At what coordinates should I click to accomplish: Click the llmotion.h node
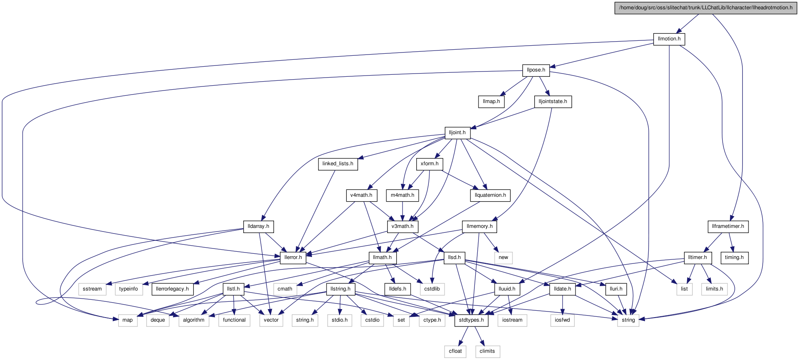click(x=669, y=39)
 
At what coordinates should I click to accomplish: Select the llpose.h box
click(x=536, y=70)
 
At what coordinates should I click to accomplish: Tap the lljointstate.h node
click(x=552, y=102)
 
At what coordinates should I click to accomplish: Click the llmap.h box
click(x=491, y=102)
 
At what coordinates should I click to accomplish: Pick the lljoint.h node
click(x=457, y=133)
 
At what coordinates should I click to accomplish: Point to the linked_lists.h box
click(x=338, y=164)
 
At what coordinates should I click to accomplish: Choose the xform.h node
click(x=429, y=164)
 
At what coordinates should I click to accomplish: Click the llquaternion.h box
click(x=490, y=196)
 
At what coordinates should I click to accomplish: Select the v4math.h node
click(x=361, y=196)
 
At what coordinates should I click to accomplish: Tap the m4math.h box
click(x=402, y=196)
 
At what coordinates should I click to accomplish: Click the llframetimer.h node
click(x=728, y=227)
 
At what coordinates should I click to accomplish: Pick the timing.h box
click(x=734, y=258)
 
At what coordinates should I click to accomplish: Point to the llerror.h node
click(x=293, y=258)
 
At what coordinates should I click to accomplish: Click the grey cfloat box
click(x=455, y=352)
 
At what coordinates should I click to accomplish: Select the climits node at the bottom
click(x=487, y=352)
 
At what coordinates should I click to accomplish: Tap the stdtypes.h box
click(x=471, y=320)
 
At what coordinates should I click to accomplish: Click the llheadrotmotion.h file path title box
click(x=706, y=8)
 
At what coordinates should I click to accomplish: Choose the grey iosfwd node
click(x=562, y=320)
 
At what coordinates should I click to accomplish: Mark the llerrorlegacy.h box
click(x=172, y=289)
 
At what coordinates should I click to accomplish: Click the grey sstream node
click(x=92, y=289)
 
